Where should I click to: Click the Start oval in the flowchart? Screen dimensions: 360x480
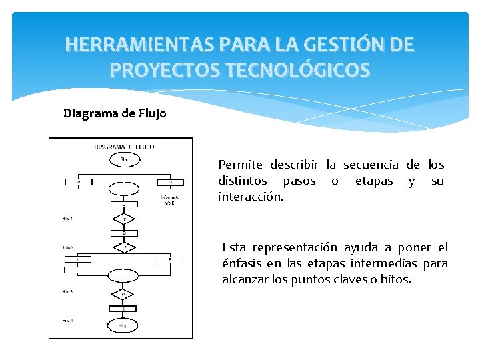(x=124, y=160)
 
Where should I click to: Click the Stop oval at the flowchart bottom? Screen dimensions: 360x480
(x=123, y=325)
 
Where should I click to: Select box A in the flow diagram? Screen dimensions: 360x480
(x=81, y=181)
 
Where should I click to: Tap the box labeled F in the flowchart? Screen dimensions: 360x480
(x=170, y=259)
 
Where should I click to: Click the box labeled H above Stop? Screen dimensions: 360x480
(x=123, y=308)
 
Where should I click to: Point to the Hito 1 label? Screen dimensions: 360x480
(x=67, y=219)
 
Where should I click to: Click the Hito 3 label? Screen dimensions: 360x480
(x=67, y=292)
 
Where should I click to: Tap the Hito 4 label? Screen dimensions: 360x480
(x=67, y=321)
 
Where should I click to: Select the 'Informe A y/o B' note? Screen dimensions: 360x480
(x=169, y=200)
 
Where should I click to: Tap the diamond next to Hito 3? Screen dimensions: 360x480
(x=123, y=293)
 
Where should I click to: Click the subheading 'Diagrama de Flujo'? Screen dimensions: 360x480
(x=115, y=113)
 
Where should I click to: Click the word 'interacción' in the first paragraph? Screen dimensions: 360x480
(x=251, y=198)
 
